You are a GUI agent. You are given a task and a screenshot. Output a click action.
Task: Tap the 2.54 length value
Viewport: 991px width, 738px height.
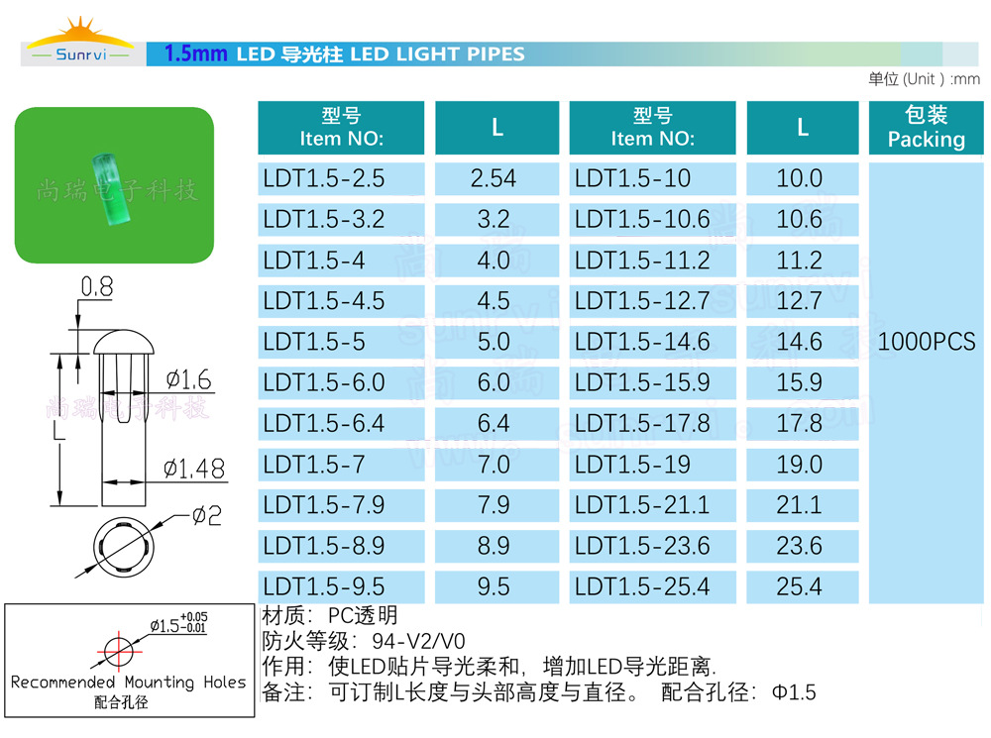pyautogui.click(x=494, y=178)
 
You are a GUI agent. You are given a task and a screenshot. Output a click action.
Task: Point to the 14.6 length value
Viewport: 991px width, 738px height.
pyautogui.click(x=800, y=342)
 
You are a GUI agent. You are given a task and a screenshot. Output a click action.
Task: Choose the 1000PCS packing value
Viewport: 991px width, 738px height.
pyautogui.click(x=927, y=343)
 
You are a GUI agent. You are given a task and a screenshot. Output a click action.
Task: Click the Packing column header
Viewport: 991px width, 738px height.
pyautogui.click(x=927, y=128)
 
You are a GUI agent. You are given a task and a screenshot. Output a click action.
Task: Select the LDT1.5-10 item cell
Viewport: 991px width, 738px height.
pyautogui.click(x=633, y=178)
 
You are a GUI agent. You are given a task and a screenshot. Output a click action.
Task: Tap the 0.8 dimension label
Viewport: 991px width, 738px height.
pyautogui.click(x=96, y=288)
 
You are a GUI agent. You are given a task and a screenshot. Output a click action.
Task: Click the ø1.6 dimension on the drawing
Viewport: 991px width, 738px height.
pyautogui.click(x=187, y=378)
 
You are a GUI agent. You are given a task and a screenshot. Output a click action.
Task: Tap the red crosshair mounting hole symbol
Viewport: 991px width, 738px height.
pyautogui.click(x=118, y=651)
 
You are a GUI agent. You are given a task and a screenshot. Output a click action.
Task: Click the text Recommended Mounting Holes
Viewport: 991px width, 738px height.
pyautogui.click(x=128, y=683)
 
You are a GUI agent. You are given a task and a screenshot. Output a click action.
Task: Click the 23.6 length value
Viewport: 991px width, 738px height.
pyautogui.click(x=800, y=546)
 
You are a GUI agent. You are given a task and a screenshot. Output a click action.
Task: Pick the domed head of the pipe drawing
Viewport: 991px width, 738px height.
pyautogui.click(x=123, y=344)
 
